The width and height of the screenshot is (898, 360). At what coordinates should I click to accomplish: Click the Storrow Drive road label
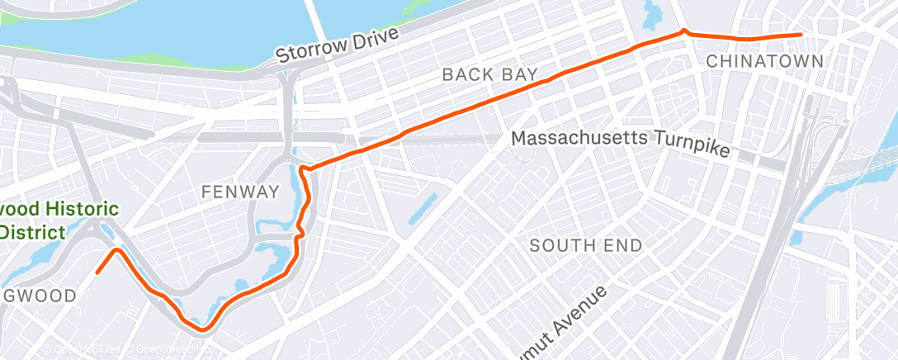(x=338, y=45)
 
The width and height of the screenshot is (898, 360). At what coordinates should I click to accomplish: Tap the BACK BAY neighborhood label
(x=490, y=74)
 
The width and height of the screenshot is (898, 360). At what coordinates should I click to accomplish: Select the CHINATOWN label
(x=764, y=61)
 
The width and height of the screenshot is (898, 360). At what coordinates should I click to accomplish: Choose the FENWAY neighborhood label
(x=241, y=192)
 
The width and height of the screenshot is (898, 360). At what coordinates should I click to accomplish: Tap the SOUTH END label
(x=585, y=245)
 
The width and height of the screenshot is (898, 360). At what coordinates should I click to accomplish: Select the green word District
(x=32, y=232)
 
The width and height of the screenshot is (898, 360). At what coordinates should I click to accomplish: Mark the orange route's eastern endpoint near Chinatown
(x=800, y=35)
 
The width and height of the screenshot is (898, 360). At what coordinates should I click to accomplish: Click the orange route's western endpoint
(x=97, y=272)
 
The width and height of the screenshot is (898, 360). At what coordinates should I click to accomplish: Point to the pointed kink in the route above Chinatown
(x=684, y=31)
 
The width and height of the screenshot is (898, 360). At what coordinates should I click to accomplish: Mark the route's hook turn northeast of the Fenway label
(x=304, y=169)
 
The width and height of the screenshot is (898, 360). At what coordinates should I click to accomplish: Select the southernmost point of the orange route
(x=201, y=330)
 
